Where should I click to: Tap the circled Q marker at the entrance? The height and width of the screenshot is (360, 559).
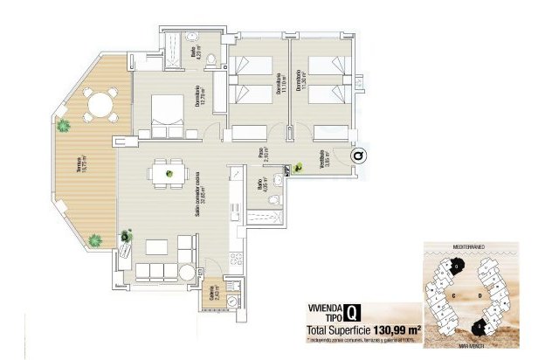point(360,156)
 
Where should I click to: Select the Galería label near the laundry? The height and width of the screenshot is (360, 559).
point(213,298)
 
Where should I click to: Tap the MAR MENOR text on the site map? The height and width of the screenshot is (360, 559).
point(470,351)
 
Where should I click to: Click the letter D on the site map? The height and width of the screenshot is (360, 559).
point(481,295)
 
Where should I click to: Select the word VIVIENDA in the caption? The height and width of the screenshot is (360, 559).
point(325,308)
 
